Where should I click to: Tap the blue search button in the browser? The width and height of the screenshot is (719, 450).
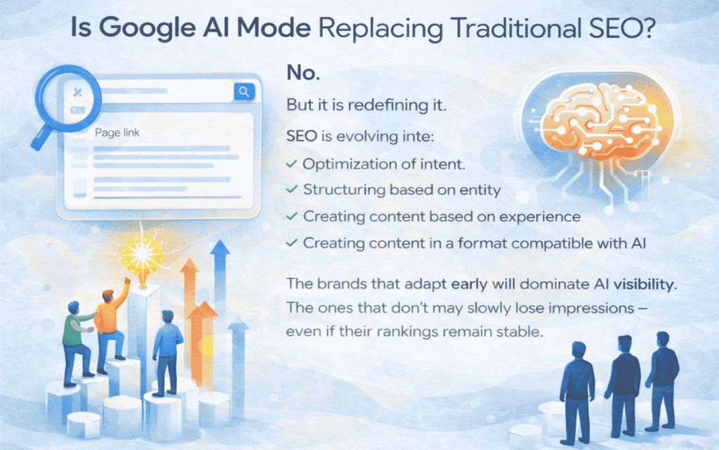coord(244,91)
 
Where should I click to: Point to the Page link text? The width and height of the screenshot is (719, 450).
coord(117,131)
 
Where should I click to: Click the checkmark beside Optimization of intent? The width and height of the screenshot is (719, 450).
coord(291,164)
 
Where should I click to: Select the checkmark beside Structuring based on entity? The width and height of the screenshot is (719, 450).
coord(291,190)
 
